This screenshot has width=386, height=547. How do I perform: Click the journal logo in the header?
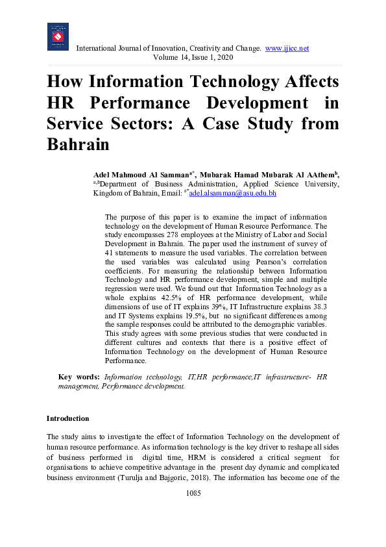tap(58, 36)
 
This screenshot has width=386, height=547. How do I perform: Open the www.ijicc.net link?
tap(287, 49)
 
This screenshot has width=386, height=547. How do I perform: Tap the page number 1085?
tap(193, 493)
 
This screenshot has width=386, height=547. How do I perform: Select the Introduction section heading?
tap(67, 418)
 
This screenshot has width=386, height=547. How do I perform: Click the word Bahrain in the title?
tap(78, 144)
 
